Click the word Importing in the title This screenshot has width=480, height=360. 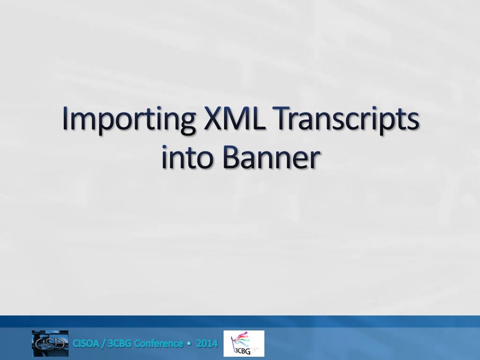pyautogui.click(x=128, y=120)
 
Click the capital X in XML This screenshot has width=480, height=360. pyautogui.click(x=213, y=118)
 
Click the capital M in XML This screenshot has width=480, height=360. pyautogui.click(x=237, y=118)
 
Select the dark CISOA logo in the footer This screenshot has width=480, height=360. pyautogui.click(x=50, y=344)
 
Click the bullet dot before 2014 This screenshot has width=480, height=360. pyautogui.click(x=190, y=344)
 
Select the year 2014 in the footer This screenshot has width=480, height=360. pyautogui.click(x=207, y=344)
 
